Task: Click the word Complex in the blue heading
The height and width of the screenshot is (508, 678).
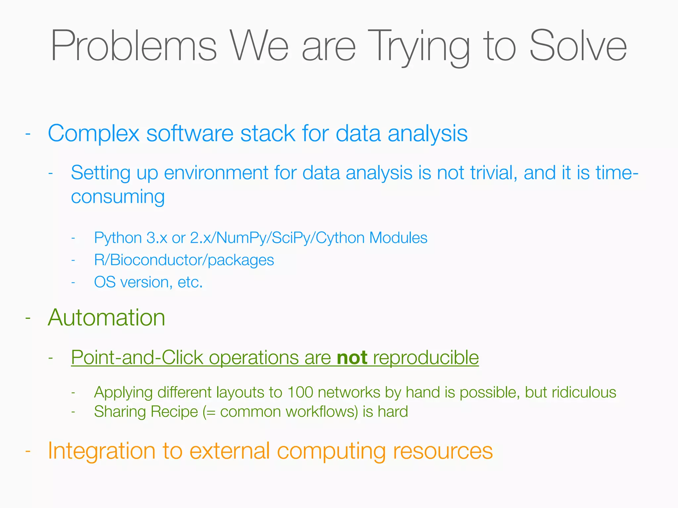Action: click(x=94, y=134)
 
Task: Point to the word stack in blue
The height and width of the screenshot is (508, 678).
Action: click(x=267, y=134)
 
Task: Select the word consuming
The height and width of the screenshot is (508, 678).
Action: click(x=118, y=197)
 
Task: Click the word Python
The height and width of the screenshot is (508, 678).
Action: click(x=118, y=238)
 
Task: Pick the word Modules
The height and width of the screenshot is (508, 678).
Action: click(x=398, y=238)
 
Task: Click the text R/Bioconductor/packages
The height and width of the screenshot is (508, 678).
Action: click(x=184, y=260)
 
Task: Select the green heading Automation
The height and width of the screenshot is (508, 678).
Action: click(x=107, y=318)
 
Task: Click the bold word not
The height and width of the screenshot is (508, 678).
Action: click(x=352, y=358)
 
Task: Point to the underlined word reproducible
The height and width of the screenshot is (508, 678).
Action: click(x=426, y=358)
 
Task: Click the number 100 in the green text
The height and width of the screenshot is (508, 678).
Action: click(x=300, y=393)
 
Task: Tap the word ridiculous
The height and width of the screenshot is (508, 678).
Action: click(x=584, y=393)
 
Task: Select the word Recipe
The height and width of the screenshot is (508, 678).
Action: click(x=174, y=412)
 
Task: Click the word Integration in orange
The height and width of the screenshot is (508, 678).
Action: click(x=102, y=451)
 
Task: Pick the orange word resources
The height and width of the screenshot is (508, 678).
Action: click(x=443, y=451)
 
